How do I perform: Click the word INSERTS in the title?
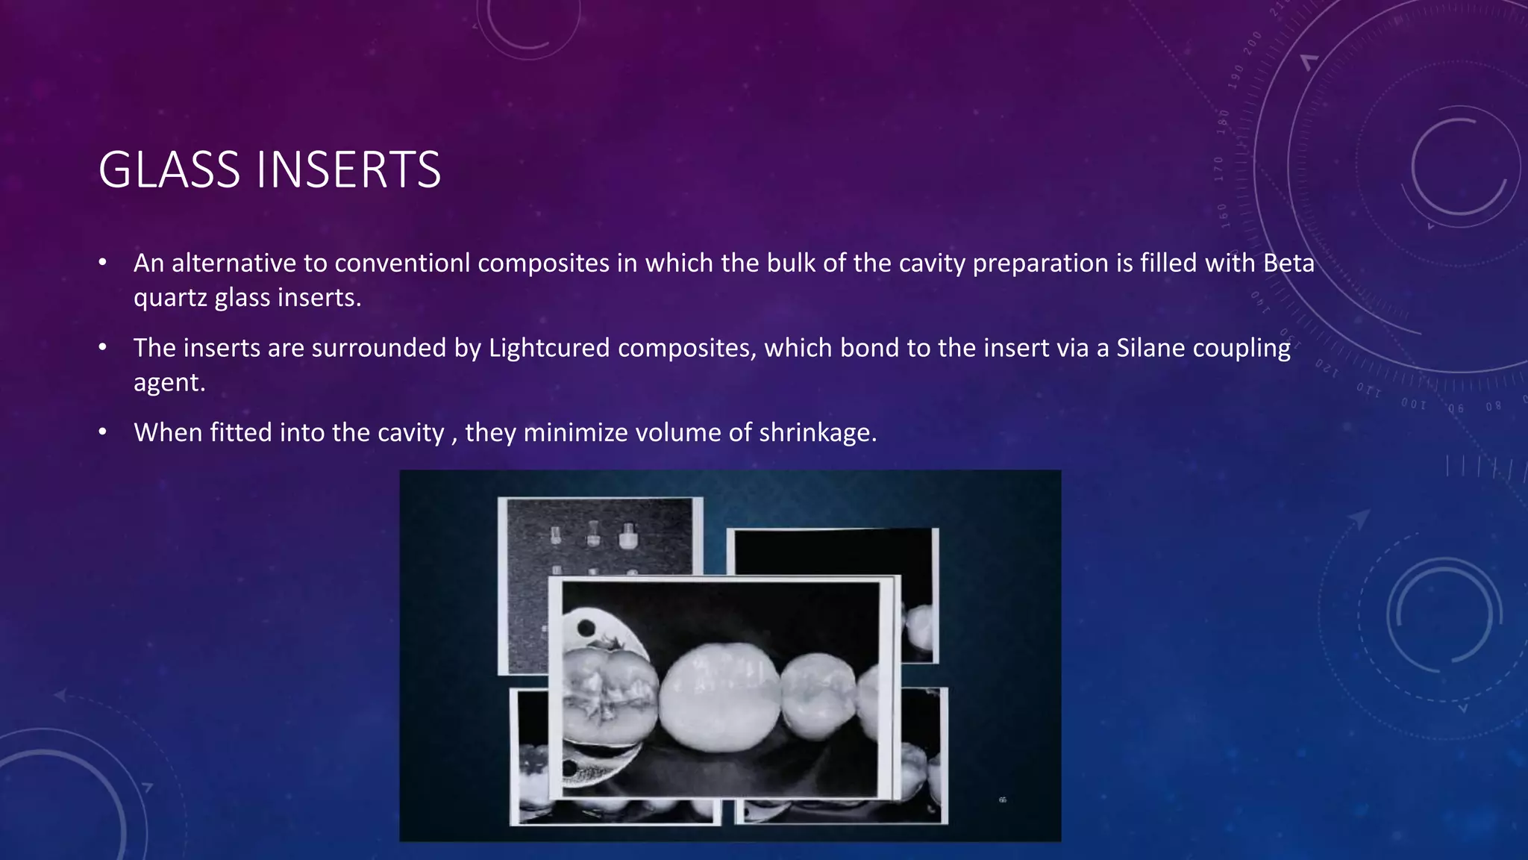(348, 170)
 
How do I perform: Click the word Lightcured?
(549, 349)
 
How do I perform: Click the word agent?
(169, 383)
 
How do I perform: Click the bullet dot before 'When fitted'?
(103, 432)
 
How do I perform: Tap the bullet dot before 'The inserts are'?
(103, 347)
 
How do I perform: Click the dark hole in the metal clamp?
(586, 626)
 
